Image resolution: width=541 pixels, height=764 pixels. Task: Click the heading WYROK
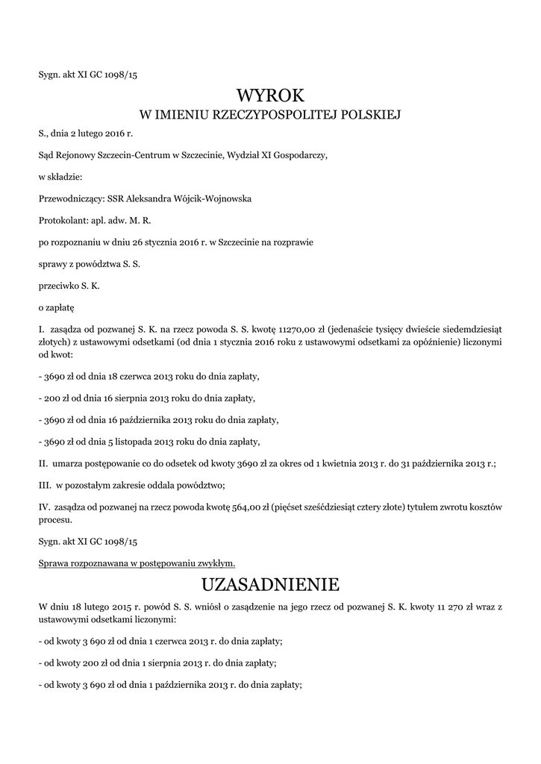click(x=270, y=95)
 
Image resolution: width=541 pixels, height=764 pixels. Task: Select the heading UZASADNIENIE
click(x=270, y=582)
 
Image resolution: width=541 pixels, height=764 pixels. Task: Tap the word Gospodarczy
click(x=298, y=156)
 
